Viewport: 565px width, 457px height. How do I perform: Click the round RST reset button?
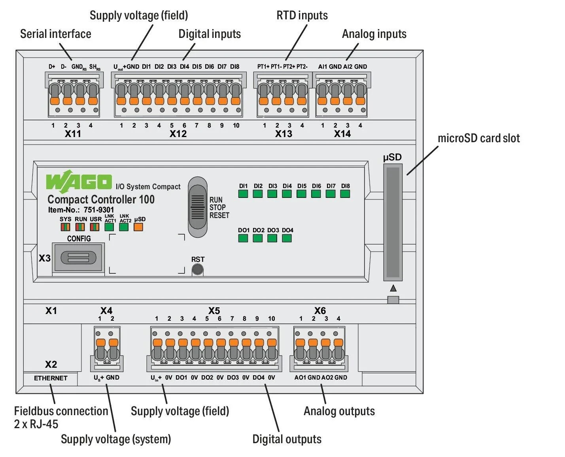[x=197, y=269]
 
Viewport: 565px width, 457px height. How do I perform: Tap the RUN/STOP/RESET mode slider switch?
[x=197, y=207]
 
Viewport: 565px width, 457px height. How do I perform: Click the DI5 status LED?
[x=301, y=194]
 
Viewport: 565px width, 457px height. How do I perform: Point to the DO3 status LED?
[x=272, y=238]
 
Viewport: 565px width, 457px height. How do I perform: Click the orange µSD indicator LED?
[x=138, y=227]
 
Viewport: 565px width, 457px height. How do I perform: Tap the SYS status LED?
[x=65, y=227]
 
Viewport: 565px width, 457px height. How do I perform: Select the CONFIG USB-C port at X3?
[x=78, y=258]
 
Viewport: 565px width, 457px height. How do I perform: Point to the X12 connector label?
[x=178, y=134]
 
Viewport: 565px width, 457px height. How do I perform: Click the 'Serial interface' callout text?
[x=55, y=34]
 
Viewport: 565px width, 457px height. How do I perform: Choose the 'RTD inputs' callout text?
[x=302, y=15]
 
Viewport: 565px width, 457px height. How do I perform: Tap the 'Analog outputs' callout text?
[x=339, y=411]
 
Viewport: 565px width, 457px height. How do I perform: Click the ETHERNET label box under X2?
[x=51, y=378]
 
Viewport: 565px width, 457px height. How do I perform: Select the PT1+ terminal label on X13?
[x=263, y=67]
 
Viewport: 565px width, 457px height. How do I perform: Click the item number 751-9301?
[x=99, y=210]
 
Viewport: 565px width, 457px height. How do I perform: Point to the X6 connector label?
[x=320, y=310]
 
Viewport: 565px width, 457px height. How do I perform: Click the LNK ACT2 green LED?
[x=124, y=227]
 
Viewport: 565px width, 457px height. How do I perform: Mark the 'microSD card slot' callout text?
[x=478, y=138]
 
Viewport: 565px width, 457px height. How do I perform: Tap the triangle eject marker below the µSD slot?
[x=393, y=288]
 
